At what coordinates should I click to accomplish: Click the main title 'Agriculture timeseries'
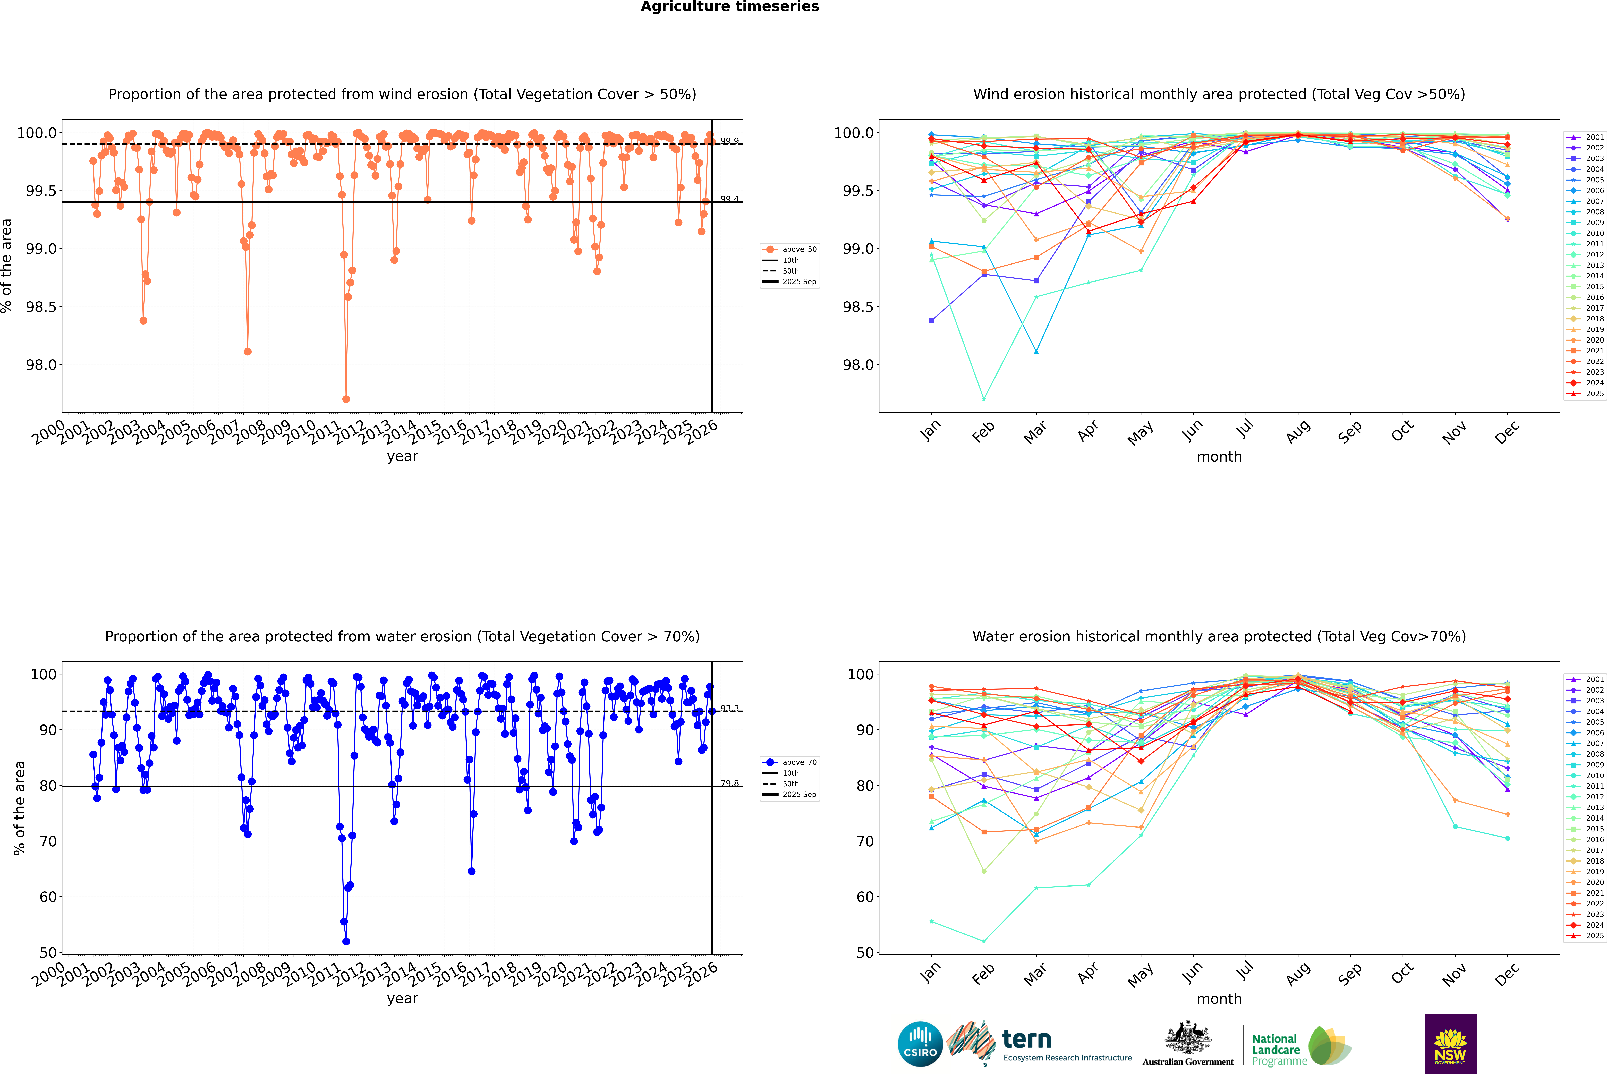pos(729,7)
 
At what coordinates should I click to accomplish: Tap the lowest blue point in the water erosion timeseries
pos(346,941)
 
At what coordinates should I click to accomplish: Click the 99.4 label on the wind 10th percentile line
pos(729,199)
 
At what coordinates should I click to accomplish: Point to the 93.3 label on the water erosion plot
pos(729,708)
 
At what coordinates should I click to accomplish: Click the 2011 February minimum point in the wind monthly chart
pos(984,399)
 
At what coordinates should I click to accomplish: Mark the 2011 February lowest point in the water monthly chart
pos(984,941)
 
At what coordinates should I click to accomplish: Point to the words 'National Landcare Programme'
pos(1276,1050)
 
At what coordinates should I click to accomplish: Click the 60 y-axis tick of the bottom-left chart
pos(48,897)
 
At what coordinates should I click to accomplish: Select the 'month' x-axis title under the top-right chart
pos(1219,457)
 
